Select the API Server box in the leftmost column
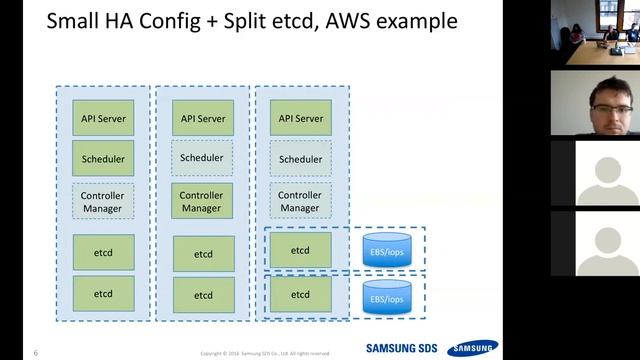[103, 118]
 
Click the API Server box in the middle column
[203, 118]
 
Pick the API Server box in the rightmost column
[300, 118]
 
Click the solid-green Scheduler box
[103, 158]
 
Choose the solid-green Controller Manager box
[203, 201]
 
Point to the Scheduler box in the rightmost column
[300, 158]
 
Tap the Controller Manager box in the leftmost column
[103, 201]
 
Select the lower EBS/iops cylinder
[386, 296]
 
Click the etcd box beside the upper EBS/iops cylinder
[300, 250]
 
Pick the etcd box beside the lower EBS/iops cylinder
[300, 296]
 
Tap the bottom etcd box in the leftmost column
[103, 294]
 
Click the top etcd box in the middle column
[203, 254]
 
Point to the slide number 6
[36, 352]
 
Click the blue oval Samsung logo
[473, 348]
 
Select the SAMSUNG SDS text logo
[401, 349]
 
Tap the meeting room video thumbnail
[594, 34]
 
